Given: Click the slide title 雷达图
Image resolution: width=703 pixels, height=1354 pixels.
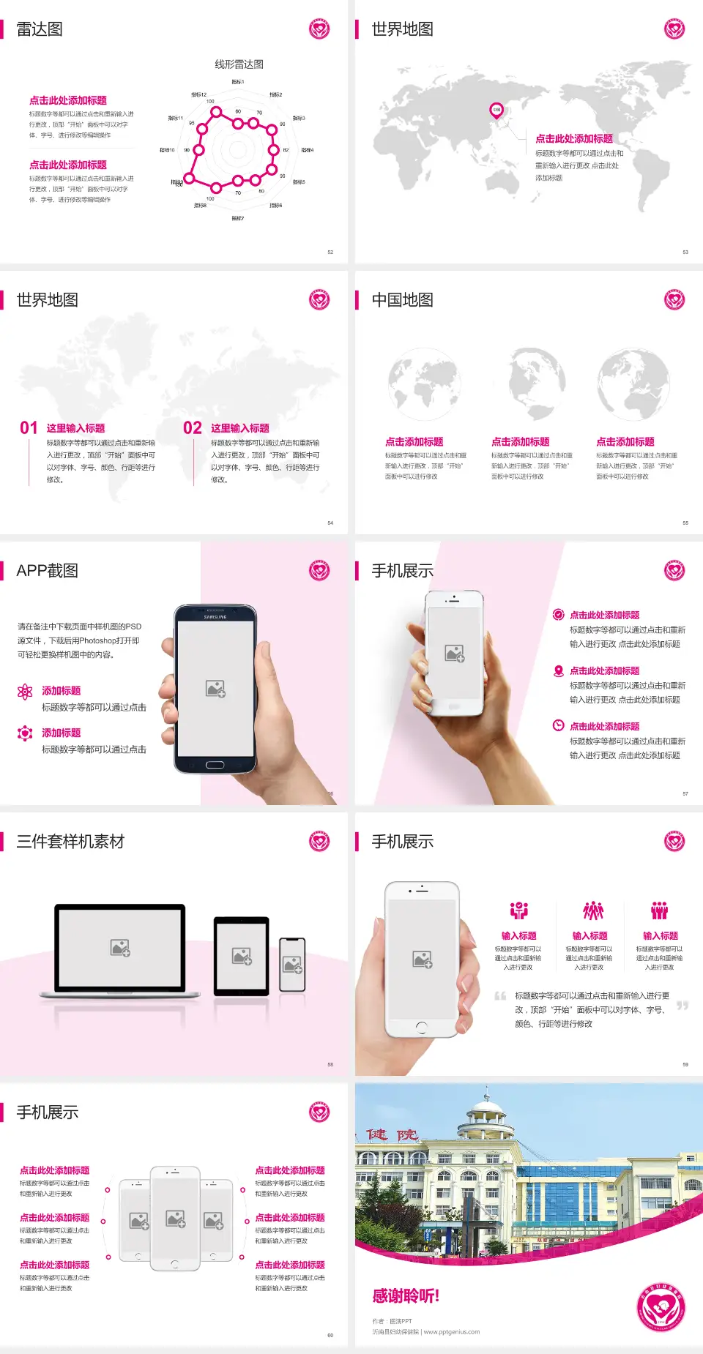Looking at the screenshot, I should coord(40,29).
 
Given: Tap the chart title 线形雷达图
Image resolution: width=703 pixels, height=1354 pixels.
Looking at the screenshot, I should coord(239,64).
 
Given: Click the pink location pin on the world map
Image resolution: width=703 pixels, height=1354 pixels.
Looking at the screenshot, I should coord(496,111).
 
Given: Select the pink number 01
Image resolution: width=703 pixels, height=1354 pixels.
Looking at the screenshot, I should coord(29,428).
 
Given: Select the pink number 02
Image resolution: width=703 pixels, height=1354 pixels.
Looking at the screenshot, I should coord(193,428).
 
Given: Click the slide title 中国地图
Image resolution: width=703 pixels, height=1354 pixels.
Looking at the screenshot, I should coord(402,300).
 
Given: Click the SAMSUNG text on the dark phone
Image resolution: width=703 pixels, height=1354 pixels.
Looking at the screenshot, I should coord(215,617).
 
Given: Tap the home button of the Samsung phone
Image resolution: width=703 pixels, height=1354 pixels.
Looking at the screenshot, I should coord(215,765).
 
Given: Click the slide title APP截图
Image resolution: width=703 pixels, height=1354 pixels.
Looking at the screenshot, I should coord(47,571).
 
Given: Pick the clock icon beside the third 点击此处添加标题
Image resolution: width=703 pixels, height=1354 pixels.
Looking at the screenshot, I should coord(558,725).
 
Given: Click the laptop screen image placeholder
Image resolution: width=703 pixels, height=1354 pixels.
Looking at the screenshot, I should coord(120,948).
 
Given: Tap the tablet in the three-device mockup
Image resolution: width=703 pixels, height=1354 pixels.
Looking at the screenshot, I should coord(241,956).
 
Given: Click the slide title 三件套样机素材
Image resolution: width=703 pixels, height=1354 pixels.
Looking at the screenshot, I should coord(70,842).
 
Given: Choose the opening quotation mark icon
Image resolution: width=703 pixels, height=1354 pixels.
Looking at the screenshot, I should coord(500,996).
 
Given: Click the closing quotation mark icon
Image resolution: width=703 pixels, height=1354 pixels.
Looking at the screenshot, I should coord(682,1006).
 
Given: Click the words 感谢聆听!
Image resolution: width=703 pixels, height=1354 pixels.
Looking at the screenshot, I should coord(406,1296).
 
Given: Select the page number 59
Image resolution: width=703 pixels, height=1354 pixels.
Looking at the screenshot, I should coord(685,1064).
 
